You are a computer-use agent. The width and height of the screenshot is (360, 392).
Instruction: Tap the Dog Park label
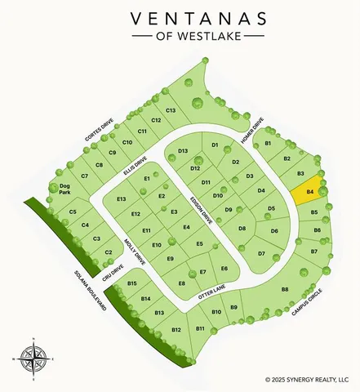point(65,189)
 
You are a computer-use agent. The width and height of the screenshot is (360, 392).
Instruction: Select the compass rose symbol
point(33,356)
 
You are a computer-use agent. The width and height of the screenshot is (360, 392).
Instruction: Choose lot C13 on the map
point(171,110)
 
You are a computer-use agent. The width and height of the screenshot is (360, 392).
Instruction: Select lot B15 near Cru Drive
point(132,283)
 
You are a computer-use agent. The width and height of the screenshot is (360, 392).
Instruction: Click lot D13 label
point(183,151)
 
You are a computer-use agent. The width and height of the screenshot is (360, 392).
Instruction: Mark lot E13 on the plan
point(122,199)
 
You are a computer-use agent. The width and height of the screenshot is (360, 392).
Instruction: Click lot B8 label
point(285,289)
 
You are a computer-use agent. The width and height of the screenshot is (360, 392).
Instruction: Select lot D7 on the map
point(261,254)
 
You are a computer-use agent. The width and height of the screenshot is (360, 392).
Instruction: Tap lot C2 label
point(109,252)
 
